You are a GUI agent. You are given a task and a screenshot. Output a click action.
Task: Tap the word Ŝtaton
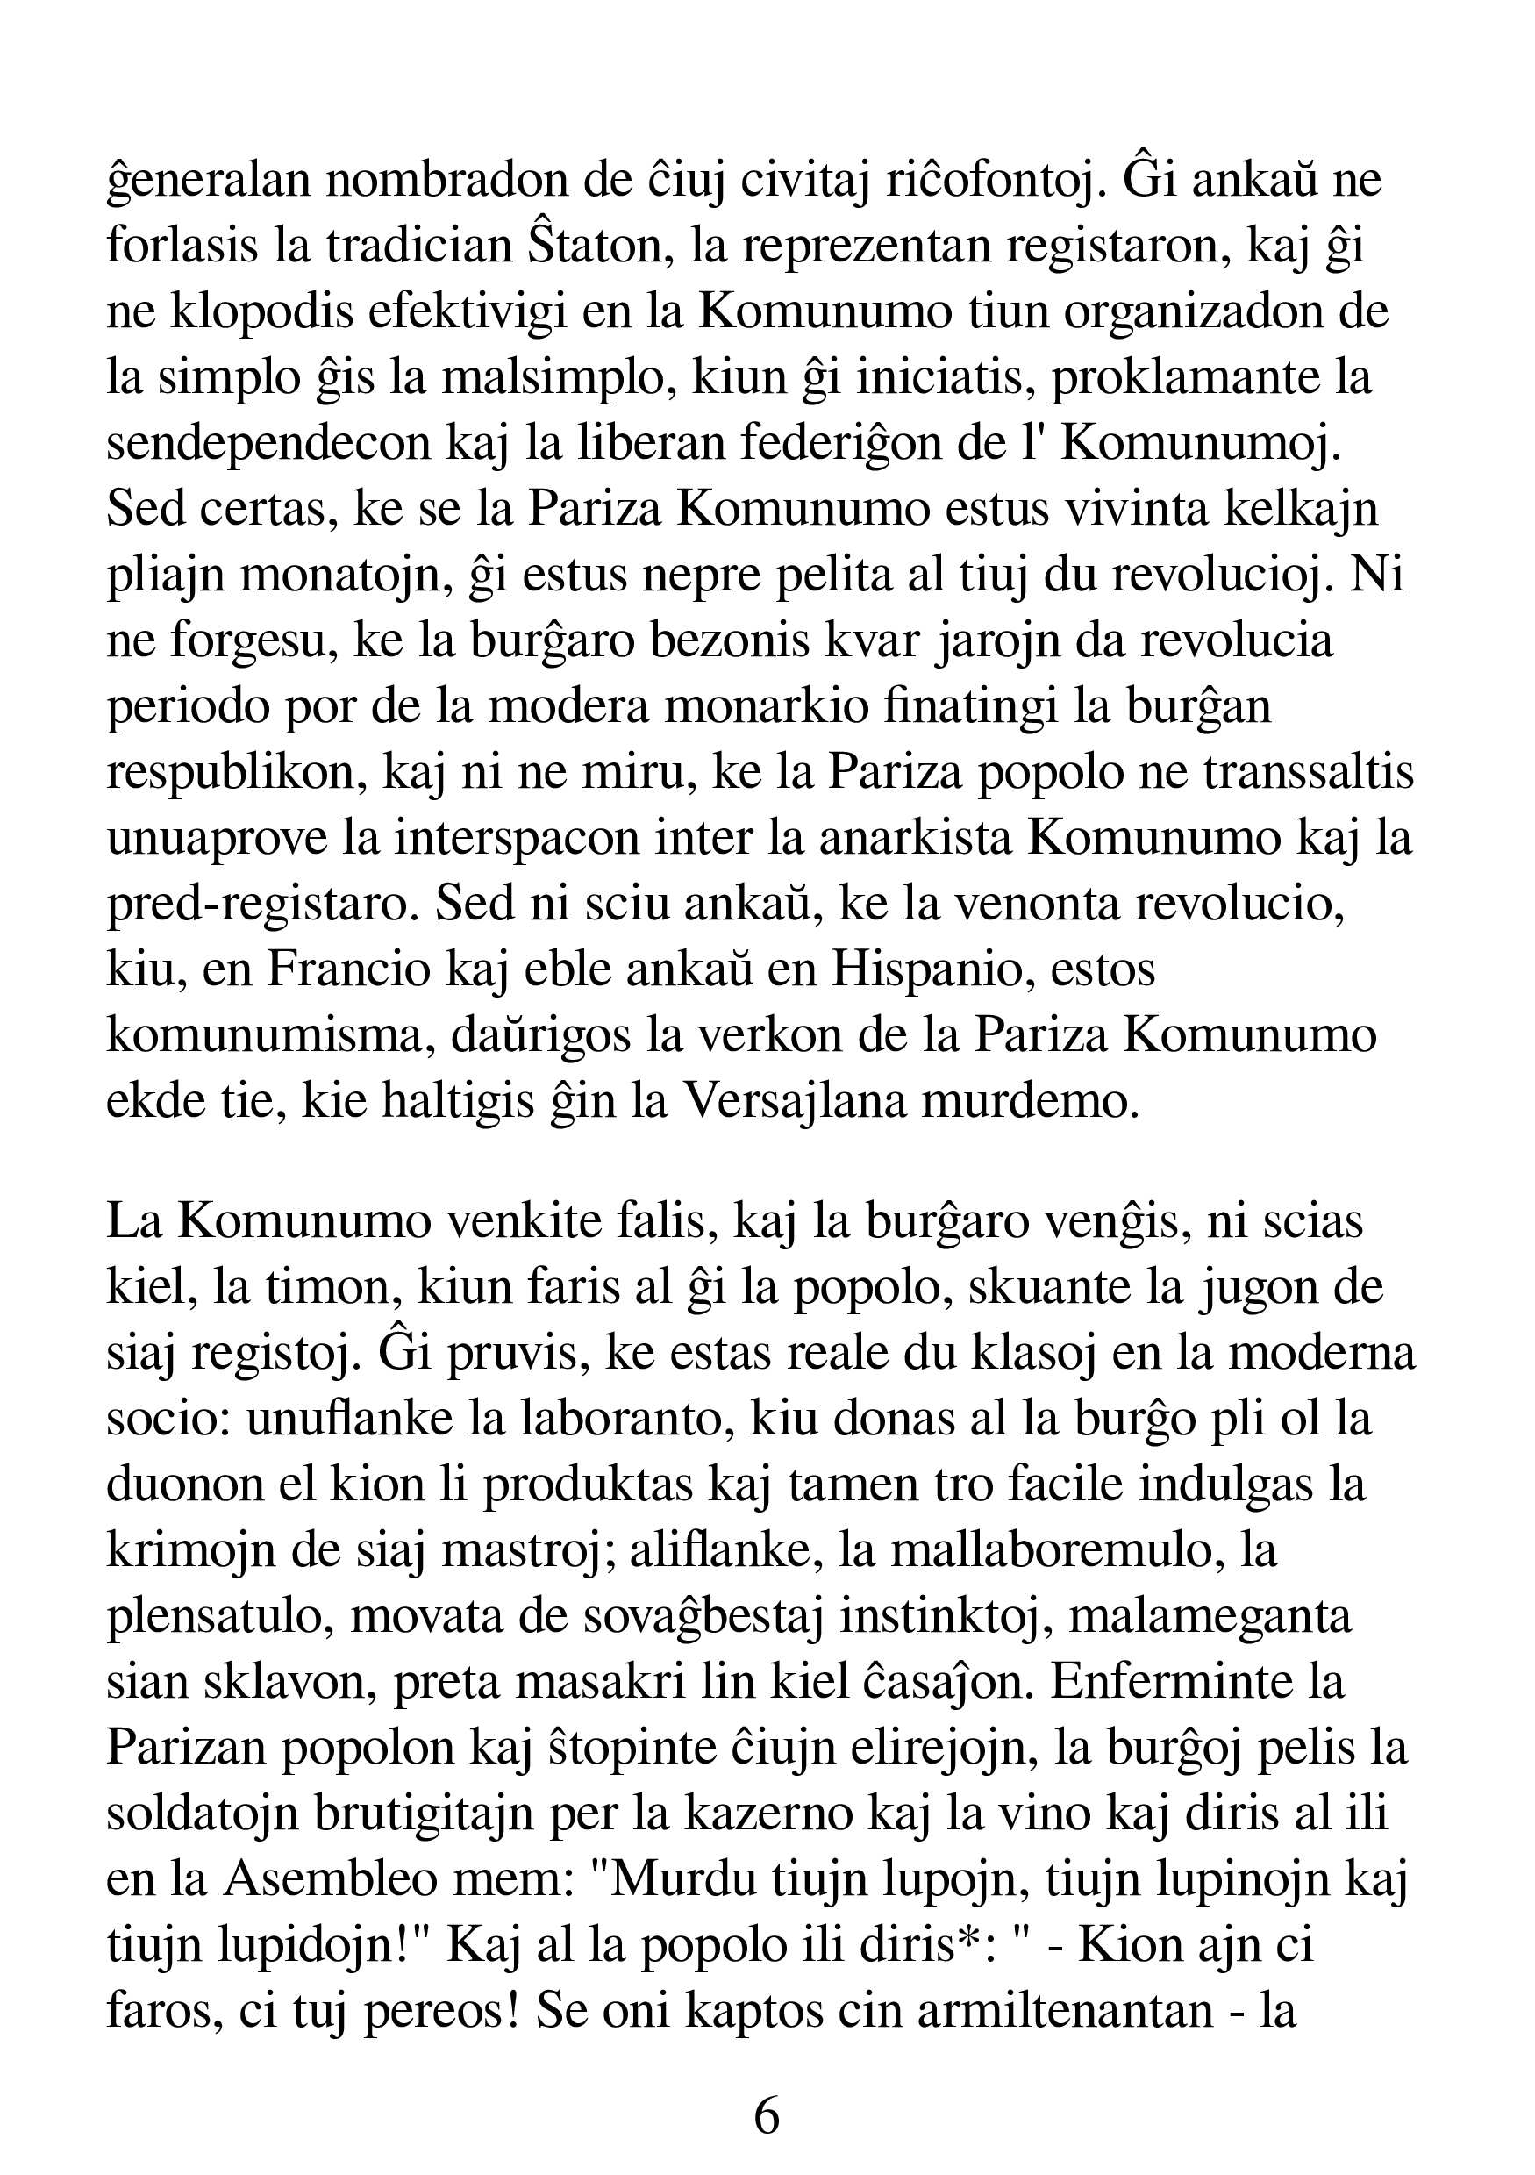coord(597,247)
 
